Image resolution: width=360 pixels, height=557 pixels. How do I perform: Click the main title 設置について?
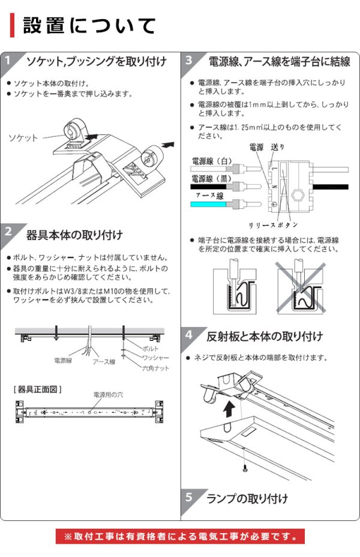(90, 26)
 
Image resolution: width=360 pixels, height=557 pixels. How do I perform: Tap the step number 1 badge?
(8, 61)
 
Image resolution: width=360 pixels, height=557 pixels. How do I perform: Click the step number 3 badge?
(189, 61)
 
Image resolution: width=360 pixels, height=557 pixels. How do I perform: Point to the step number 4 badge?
(189, 334)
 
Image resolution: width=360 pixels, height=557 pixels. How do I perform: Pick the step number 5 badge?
(189, 497)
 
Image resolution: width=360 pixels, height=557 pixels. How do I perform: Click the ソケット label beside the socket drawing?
(23, 138)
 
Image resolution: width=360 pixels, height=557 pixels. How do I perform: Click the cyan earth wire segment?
(208, 204)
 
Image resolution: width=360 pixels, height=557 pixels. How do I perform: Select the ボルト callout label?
(150, 348)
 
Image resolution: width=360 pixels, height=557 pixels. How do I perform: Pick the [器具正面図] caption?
(37, 389)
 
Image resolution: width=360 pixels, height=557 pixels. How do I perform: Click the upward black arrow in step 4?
(229, 410)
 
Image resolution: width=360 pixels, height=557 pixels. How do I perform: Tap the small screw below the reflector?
(245, 467)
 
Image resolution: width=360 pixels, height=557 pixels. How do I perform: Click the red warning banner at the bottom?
(180, 536)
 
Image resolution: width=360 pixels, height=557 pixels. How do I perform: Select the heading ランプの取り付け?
(247, 498)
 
